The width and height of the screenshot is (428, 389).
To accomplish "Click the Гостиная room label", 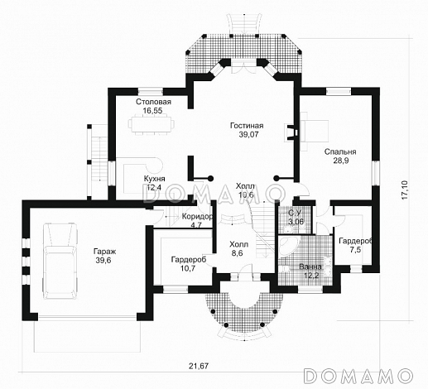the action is [x=247, y=126].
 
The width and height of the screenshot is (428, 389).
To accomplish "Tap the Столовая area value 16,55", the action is [x=152, y=111].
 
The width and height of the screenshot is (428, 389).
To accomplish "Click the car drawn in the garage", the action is [x=60, y=261].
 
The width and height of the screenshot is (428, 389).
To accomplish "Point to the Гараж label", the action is [x=105, y=252].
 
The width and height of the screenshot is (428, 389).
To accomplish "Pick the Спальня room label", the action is [x=340, y=151].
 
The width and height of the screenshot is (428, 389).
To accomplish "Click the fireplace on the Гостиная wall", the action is [x=291, y=132].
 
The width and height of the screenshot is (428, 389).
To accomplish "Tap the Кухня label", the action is [x=155, y=179].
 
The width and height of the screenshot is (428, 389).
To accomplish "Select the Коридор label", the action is [x=197, y=217].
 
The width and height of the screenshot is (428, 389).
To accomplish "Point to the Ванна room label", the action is [x=310, y=267].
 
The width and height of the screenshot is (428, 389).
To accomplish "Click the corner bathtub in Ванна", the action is [x=288, y=247].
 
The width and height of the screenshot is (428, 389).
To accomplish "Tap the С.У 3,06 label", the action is [x=296, y=217].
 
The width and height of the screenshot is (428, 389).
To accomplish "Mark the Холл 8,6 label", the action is [x=238, y=248].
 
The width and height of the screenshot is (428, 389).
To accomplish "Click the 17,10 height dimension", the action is [x=404, y=190].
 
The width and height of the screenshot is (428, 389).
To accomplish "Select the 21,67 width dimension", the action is [x=199, y=366].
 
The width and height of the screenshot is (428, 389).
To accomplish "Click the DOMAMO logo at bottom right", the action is [x=358, y=376].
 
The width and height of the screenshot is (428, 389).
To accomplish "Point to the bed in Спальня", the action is [x=315, y=131].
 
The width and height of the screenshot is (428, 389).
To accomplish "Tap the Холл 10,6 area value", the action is [x=246, y=194].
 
